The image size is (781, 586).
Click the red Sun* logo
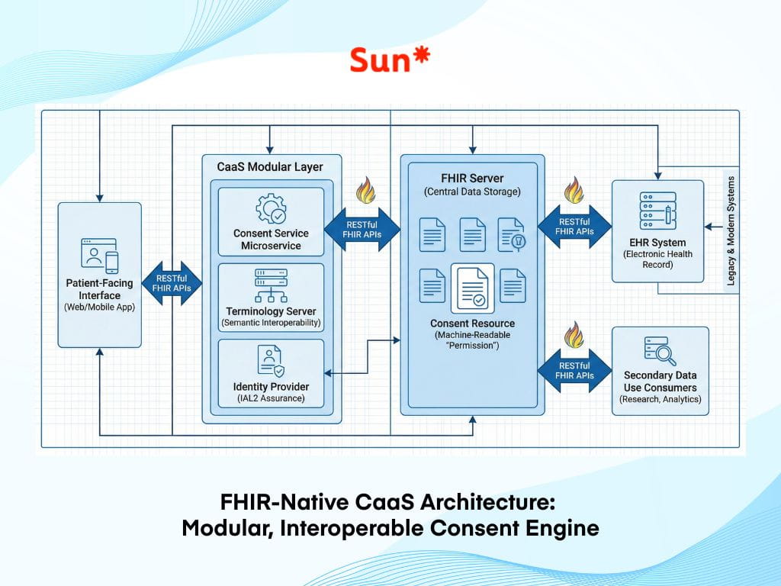pos(390,60)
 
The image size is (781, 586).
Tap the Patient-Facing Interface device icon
pos(100,256)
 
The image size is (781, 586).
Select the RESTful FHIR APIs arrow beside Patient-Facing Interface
pos(172,283)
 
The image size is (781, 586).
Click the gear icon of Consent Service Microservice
pos(270,208)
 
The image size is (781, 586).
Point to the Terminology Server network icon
pos(270,287)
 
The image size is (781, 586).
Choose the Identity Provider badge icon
pos(270,360)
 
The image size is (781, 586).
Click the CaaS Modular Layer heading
pos(272,166)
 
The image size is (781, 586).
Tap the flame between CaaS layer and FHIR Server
pos(365,192)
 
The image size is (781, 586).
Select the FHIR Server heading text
pos(472,178)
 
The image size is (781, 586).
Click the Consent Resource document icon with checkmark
pos(472,288)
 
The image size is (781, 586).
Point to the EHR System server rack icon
pos(657,208)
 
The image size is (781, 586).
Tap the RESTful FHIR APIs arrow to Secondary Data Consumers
pos(575,370)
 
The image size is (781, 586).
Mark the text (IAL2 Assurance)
pos(271,398)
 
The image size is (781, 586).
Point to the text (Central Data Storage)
pos(472,192)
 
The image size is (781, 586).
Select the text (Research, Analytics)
pos(660,399)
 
